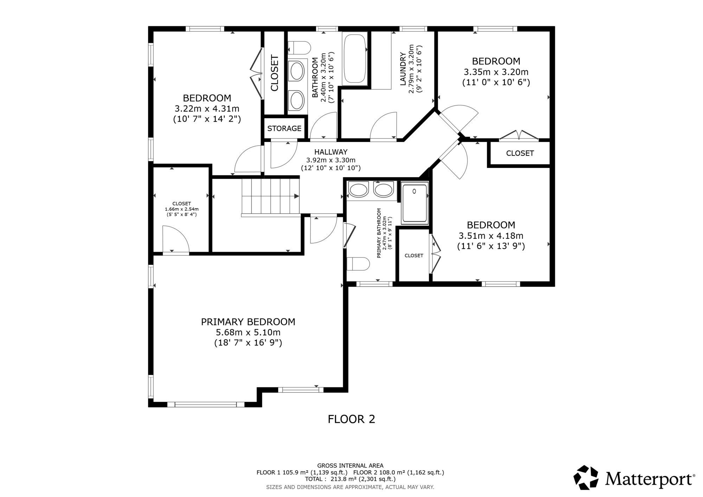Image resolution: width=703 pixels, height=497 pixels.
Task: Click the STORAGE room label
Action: [284, 129]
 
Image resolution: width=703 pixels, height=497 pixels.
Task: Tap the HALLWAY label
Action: [331, 152]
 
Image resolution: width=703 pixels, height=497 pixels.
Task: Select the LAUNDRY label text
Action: [403, 69]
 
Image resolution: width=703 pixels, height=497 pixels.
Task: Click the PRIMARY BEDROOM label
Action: [248, 322]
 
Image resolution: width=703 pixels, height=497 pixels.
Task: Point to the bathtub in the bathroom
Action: [355, 59]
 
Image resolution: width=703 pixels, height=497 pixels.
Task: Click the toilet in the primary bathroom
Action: [358, 264]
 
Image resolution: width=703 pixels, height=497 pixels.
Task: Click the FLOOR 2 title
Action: [351, 419]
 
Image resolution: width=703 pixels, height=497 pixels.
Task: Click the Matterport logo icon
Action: [586, 477]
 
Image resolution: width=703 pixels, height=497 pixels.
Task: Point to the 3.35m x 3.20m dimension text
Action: [496, 72]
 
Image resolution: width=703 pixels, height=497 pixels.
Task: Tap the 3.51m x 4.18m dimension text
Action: [491, 235]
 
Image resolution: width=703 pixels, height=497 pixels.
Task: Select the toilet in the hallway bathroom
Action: [299, 47]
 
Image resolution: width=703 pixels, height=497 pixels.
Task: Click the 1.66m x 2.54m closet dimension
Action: [182, 209]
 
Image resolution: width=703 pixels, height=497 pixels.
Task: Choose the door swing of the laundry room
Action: [383, 125]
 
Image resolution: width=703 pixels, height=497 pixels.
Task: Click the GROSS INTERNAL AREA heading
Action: [350, 466]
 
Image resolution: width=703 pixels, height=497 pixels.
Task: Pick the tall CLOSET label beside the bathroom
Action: [274, 73]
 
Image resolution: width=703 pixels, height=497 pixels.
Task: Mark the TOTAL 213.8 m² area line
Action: [350, 479]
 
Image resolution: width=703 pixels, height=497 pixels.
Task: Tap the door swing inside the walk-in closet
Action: [176, 239]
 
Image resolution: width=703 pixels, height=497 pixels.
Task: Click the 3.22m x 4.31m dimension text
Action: [207, 109]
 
